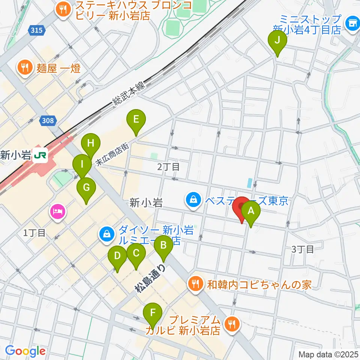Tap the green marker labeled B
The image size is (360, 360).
click(163, 246)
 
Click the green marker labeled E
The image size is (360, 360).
click(136, 120)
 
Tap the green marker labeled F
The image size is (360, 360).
click(152, 313)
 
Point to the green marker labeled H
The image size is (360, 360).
click(91, 144)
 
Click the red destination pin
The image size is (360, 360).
click(241, 207)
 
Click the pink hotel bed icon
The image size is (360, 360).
click(57, 213)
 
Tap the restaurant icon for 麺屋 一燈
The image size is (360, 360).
click(25, 68)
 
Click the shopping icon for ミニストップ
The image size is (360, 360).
click(352, 23)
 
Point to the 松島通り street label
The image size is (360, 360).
click(150, 278)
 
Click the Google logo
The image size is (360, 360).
click(25, 351)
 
